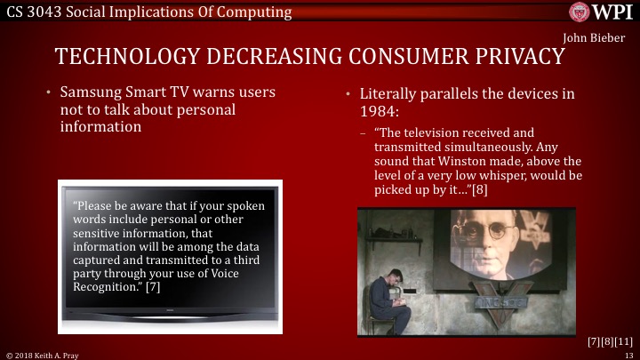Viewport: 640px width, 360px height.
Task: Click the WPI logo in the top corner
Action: pyautogui.click(x=603, y=12)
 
